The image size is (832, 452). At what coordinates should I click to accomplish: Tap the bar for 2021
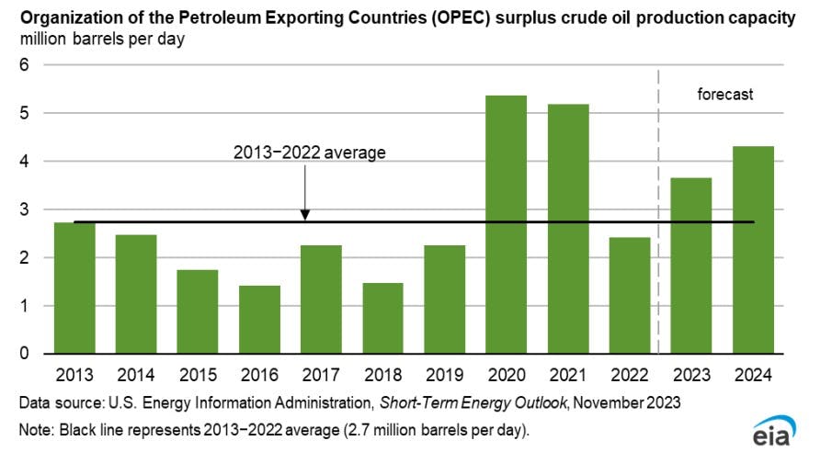point(568,230)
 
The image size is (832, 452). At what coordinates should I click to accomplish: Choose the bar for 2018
point(382,318)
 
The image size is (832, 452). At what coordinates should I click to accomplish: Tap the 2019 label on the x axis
point(444,375)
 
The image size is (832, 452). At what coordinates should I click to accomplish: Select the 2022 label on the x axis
point(630,375)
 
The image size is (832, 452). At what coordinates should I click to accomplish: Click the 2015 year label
point(198,375)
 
